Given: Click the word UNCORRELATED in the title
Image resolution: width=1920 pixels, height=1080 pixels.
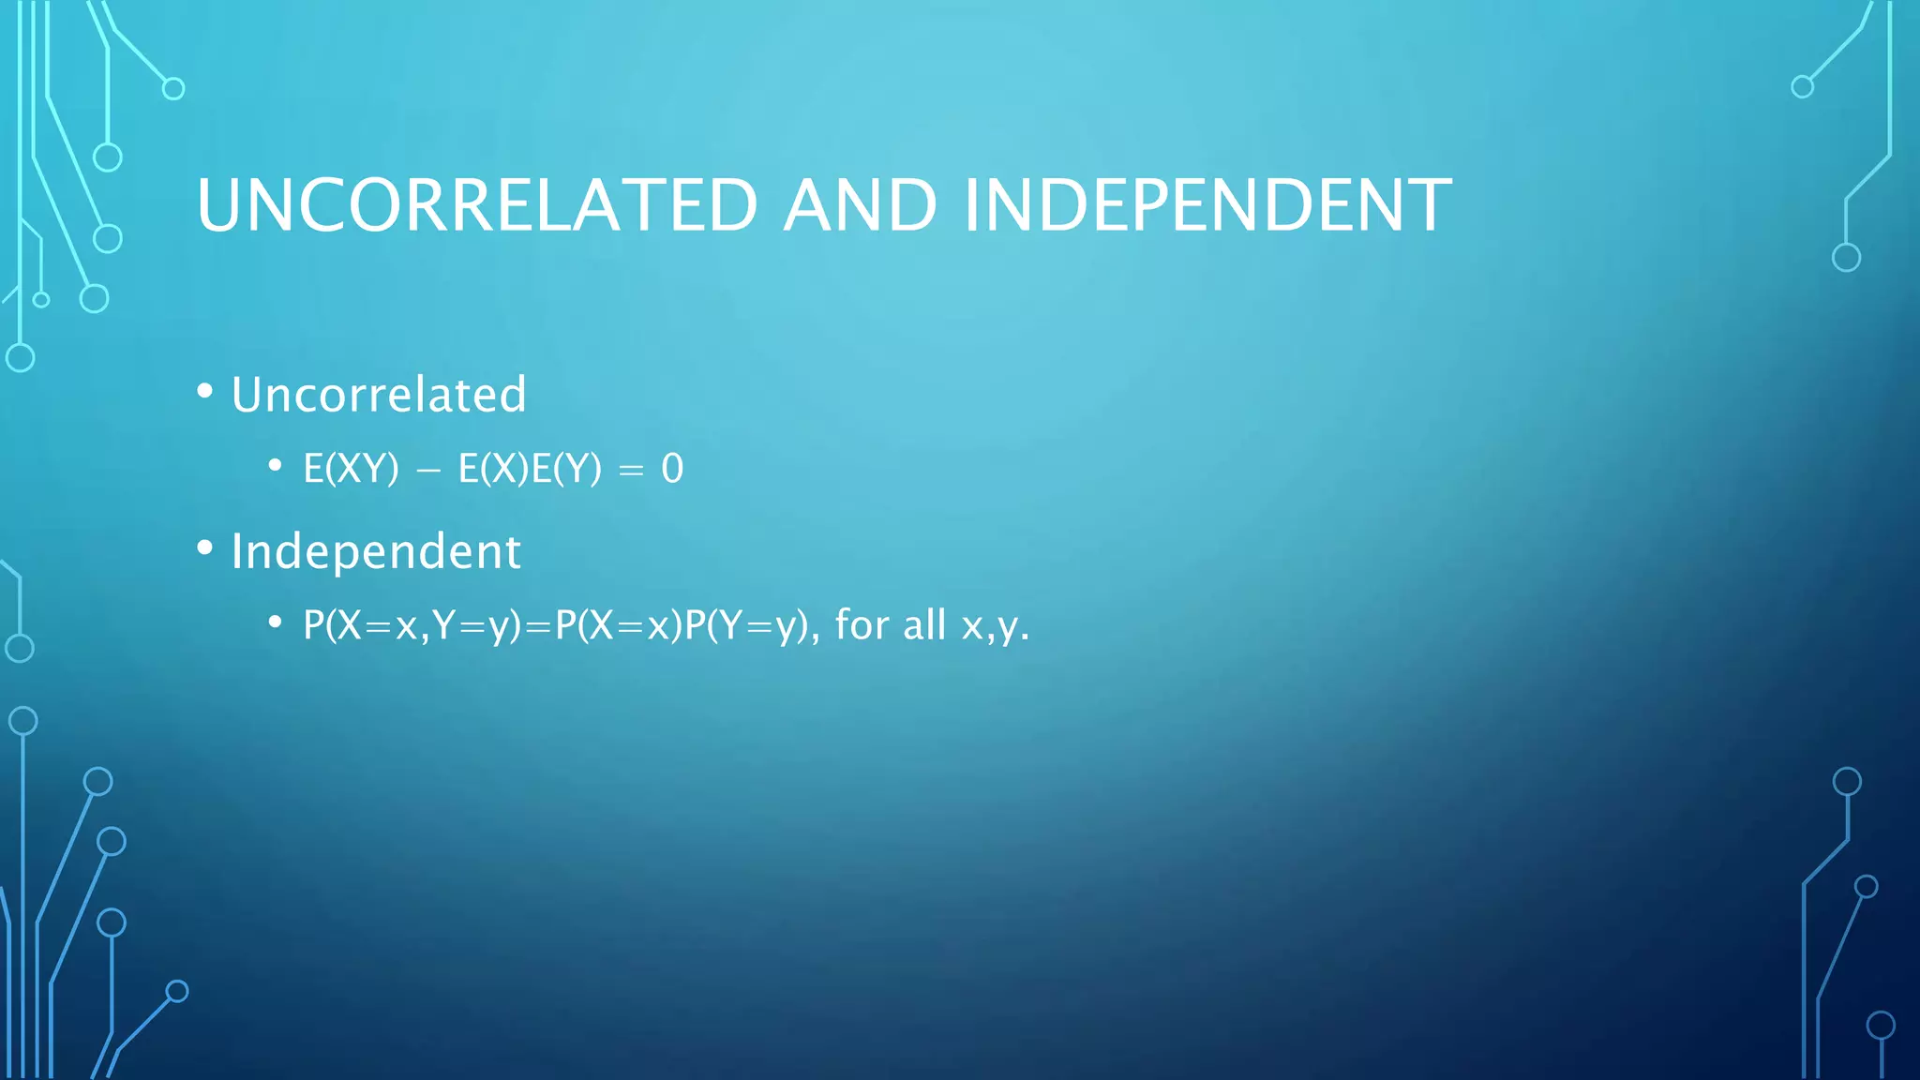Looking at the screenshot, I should click(477, 205).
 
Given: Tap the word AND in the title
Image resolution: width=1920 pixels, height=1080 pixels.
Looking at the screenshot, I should click(860, 205).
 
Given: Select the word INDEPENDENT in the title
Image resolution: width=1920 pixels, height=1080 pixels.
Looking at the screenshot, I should click(1207, 205).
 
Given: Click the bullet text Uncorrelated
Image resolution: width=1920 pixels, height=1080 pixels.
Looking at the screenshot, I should click(379, 395).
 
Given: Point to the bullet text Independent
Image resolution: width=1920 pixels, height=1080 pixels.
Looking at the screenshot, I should click(376, 551).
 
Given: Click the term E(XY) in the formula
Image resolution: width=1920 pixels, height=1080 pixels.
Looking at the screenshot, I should click(351, 469).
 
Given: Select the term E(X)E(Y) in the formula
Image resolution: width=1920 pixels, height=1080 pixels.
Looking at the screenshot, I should click(530, 469).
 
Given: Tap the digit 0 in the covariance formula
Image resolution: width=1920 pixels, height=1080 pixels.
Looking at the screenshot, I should click(672, 469).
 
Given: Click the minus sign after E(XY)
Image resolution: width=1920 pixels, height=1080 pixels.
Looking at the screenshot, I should click(427, 471).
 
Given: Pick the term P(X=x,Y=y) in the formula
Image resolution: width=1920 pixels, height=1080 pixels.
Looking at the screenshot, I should click(412, 625).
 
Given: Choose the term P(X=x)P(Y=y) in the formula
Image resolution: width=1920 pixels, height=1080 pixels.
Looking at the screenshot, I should click(681, 625).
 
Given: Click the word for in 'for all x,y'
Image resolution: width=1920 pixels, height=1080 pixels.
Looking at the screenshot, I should click(861, 625).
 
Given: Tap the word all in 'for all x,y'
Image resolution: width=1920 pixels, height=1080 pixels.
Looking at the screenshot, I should click(923, 625).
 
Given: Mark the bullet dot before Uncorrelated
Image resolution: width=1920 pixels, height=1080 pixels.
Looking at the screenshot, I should click(205, 391).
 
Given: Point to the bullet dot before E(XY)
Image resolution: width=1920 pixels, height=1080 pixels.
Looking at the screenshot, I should click(275, 465).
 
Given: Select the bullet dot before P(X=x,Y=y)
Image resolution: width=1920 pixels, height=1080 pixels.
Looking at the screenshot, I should click(275, 622).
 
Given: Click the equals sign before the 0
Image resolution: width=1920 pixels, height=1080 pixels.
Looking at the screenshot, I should click(631, 471).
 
